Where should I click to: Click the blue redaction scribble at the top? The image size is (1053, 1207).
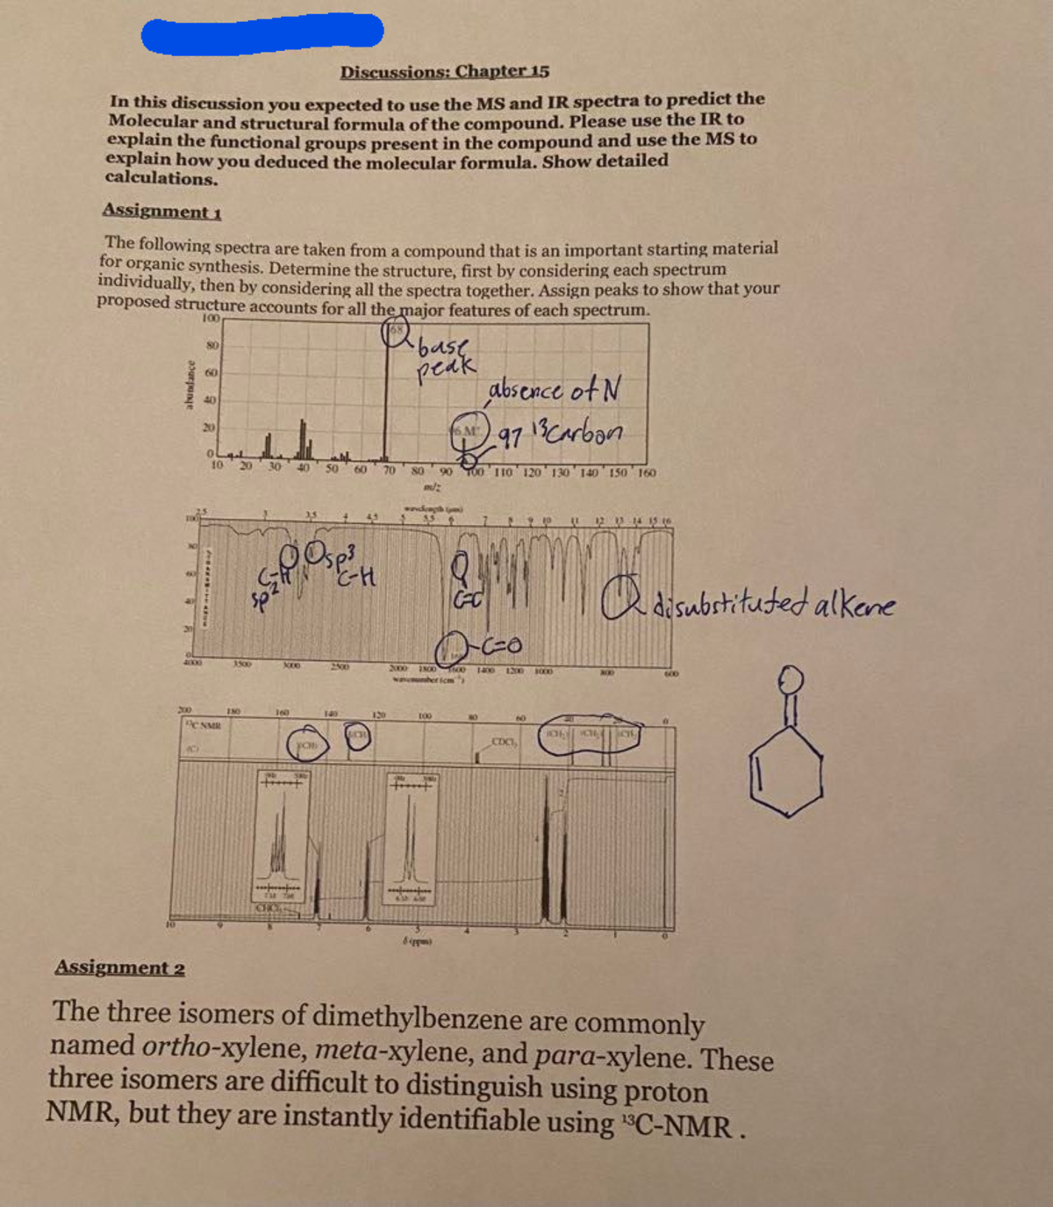coord(263,32)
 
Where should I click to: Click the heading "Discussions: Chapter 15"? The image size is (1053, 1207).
coord(445,71)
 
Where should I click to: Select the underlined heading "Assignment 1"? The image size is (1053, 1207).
coord(161,211)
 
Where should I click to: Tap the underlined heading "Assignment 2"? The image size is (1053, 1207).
coord(119,967)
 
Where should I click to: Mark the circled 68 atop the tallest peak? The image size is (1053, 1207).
coord(396,331)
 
